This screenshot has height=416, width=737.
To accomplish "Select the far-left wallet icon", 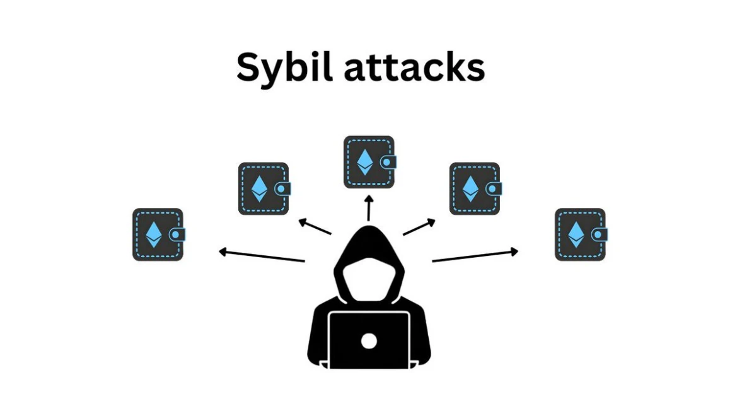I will pyautogui.click(x=158, y=234).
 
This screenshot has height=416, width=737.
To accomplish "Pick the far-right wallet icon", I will pyautogui.click(x=580, y=234).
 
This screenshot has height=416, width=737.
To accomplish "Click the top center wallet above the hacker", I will pyautogui.click(x=369, y=162).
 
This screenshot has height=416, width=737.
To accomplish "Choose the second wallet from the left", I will pyautogui.click(x=264, y=188).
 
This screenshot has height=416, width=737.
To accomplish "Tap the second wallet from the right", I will pyautogui.click(x=475, y=188).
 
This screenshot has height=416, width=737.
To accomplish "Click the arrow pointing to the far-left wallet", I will pyautogui.click(x=262, y=256).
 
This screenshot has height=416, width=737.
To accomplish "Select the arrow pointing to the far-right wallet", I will pyautogui.click(x=475, y=255).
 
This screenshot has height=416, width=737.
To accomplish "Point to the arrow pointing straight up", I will pyautogui.click(x=369, y=208).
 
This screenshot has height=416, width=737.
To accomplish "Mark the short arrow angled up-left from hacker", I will pyautogui.click(x=315, y=227).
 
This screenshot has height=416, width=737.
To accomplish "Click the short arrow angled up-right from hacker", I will pyautogui.click(x=419, y=227).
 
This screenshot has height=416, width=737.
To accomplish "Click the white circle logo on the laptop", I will pyautogui.click(x=369, y=341).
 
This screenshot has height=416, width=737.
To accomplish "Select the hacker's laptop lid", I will pyautogui.click(x=369, y=331).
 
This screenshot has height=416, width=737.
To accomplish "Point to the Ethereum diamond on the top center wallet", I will pyautogui.click(x=364, y=162).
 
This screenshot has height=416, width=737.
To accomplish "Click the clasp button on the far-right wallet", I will pyautogui.click(x=601, y=234).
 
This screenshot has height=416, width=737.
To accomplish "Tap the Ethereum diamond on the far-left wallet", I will pyautogui.click(x=154, y=234).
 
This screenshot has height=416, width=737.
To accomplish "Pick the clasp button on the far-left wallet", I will pyautogui.click(x=178, y=234).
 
